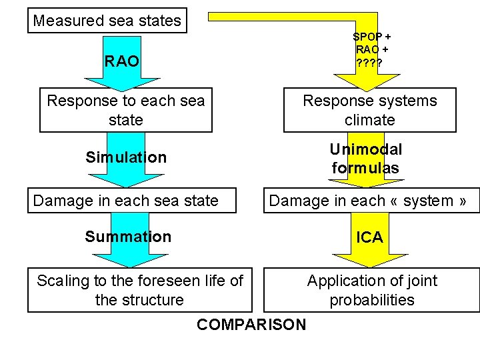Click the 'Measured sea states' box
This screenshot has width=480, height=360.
107,21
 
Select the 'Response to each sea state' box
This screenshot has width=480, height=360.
126,110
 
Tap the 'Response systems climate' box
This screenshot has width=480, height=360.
370,110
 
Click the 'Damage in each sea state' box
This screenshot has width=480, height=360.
131,201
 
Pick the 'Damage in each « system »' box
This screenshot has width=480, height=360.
371,201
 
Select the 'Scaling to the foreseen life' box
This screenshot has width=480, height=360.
140,290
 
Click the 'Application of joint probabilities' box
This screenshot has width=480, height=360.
371,290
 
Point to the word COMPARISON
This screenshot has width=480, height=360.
251,325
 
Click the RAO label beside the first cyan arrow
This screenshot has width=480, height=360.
122,62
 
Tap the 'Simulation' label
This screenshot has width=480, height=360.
126,158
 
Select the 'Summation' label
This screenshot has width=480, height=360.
128,237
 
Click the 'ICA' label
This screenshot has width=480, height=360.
370,237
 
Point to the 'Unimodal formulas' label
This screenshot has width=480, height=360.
366,159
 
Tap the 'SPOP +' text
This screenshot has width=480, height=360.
371,37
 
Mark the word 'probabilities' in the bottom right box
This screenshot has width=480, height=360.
371,300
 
